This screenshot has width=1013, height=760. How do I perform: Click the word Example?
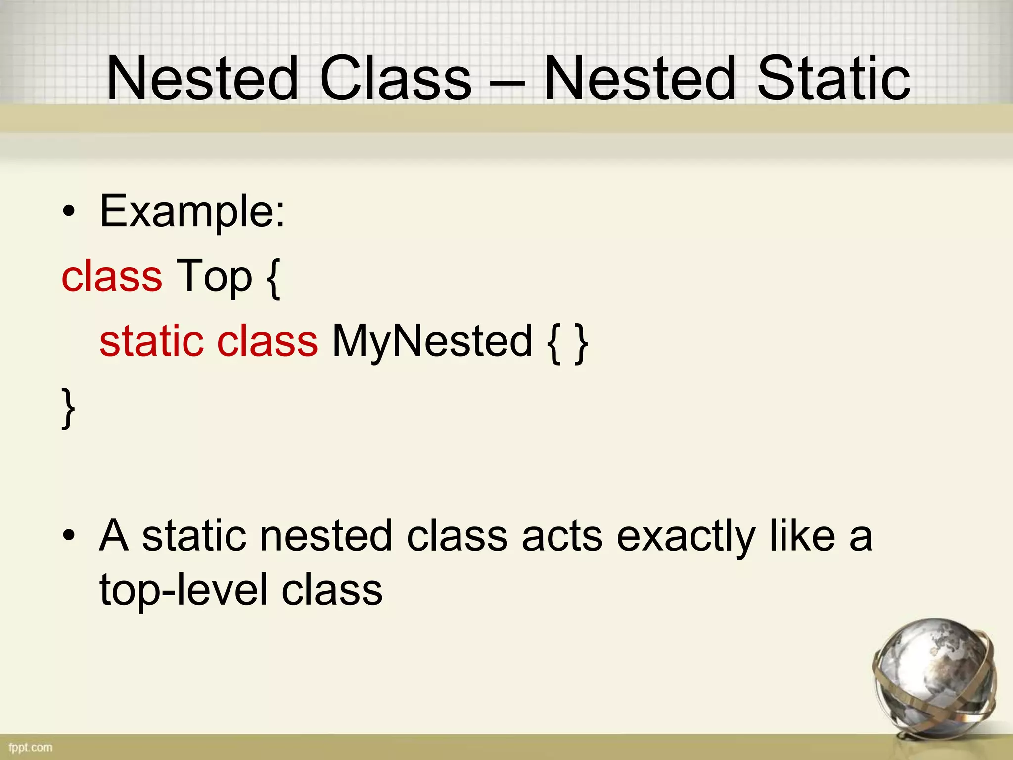click(x=192, y=212)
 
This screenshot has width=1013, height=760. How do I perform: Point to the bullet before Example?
click(x=69, y=213)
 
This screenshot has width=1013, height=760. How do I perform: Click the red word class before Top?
click(x=112, y=276)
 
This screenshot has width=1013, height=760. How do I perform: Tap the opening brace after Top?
click(x=273, y=278)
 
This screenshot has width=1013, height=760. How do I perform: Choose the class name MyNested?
click(x=432, y=342)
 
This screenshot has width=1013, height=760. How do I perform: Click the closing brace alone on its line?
click(x=68, y=408)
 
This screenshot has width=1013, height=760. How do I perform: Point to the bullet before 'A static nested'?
click(x=69, y=536)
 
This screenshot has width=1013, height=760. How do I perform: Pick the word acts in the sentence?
click(x=562, y=537)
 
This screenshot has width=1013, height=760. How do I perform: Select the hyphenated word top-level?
click(x=184, y=591)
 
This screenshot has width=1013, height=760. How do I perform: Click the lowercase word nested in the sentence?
click(x=326, y=536)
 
